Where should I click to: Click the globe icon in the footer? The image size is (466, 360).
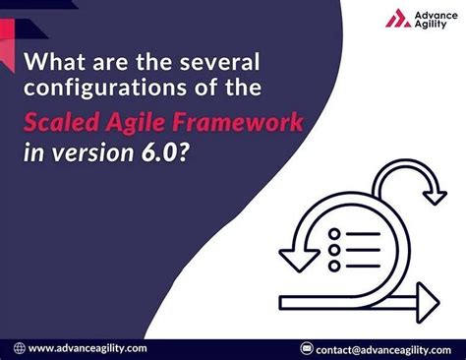(x=18, y=347)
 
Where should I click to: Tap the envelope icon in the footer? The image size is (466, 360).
(x=308, y=347)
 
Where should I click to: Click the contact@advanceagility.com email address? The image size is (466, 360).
(x=383, y=347)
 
